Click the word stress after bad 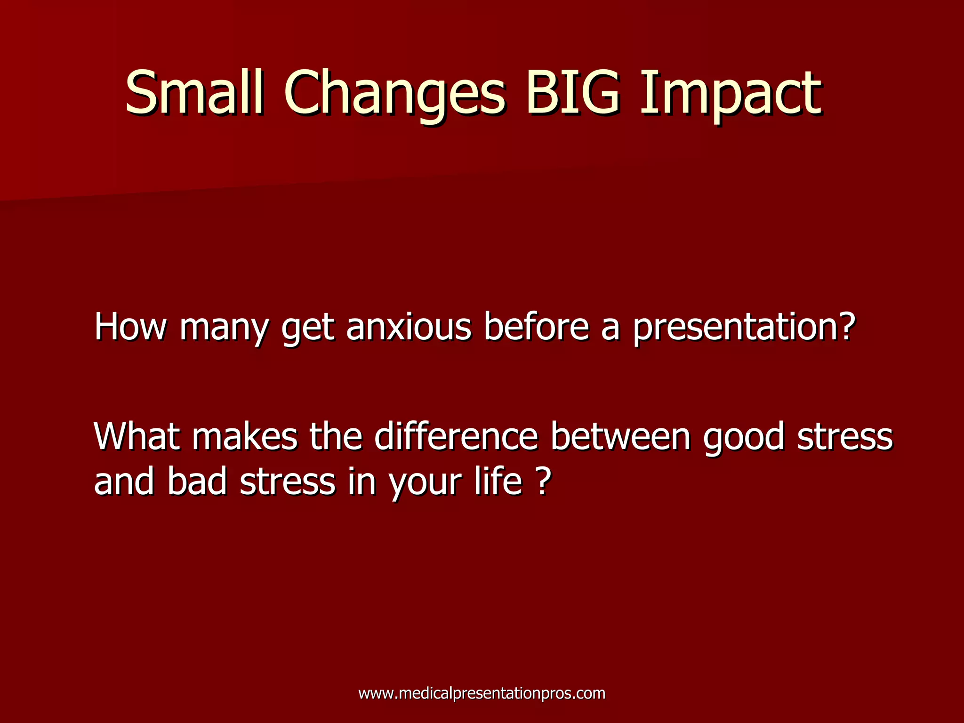pyautogui.click(x=288, y=482)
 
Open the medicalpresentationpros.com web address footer pyautogui.click(x=482, y=693)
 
